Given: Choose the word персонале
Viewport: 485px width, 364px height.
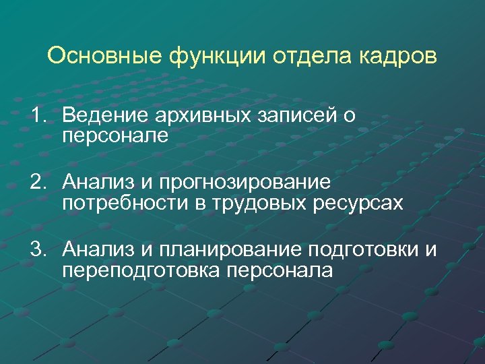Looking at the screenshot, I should click(x=115, y=137).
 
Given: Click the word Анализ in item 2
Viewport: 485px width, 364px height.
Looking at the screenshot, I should click(x=98, y=182).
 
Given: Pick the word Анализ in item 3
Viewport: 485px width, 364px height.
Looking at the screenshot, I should click(x=98, y=250).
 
